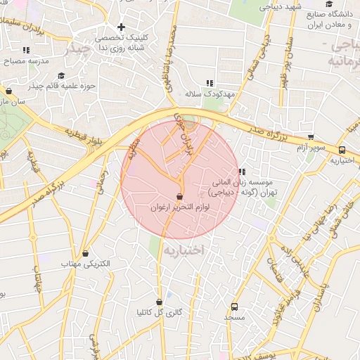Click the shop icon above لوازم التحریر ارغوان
179,196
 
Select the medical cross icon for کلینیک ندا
120,27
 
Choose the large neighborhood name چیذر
77,51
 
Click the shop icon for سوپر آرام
311,138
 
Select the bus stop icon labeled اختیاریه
342,150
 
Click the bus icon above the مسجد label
234,307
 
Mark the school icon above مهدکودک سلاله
209,83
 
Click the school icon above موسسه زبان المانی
242,172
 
